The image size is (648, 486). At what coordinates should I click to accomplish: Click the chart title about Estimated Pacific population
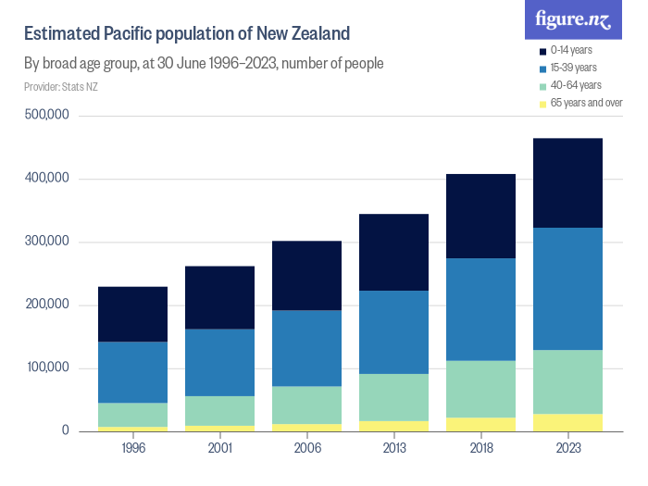(186, 34)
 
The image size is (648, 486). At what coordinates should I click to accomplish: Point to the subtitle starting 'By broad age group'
(204, 64)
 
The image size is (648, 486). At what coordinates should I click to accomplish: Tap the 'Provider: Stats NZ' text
(61, 87)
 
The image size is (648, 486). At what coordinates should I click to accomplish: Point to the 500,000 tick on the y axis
(48, 116)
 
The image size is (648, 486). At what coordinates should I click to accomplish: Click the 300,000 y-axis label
(48, 242)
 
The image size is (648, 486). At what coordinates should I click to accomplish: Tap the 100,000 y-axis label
(48, 368)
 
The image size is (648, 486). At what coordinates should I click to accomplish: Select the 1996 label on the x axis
(132, 449)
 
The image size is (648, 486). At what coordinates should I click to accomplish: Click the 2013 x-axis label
(393, 449)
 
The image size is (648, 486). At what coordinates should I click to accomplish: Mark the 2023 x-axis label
(567, 449)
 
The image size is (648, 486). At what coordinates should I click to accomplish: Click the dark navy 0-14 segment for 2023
(567, 182)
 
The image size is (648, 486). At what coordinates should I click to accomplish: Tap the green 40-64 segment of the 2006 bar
(306, 405)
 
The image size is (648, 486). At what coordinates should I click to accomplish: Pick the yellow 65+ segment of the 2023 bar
(567, 422)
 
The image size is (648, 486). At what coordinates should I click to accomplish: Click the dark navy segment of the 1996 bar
(132, 314)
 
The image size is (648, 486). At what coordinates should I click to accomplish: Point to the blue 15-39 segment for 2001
(219, 362)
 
